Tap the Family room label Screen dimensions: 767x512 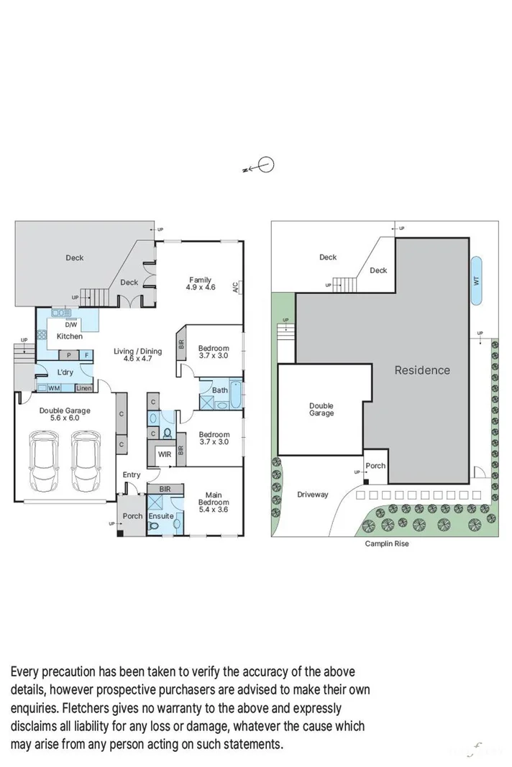point(201,280)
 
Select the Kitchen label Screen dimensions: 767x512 point(70,336)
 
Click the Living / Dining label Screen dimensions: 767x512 point(137,352)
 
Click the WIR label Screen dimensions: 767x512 point(163,454)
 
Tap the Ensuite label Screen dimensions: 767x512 point(160,516)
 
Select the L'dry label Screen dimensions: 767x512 point(65,372)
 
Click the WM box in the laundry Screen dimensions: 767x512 point(54,388)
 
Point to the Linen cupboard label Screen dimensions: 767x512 point(83,388)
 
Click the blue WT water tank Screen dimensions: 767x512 point(476,280)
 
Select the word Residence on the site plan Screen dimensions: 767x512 point(421,370)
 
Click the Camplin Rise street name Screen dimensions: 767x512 point(387,544)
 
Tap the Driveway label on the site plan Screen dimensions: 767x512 point(312,495)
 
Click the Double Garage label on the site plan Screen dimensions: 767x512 point(321,410)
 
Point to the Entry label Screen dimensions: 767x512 point(132,474)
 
